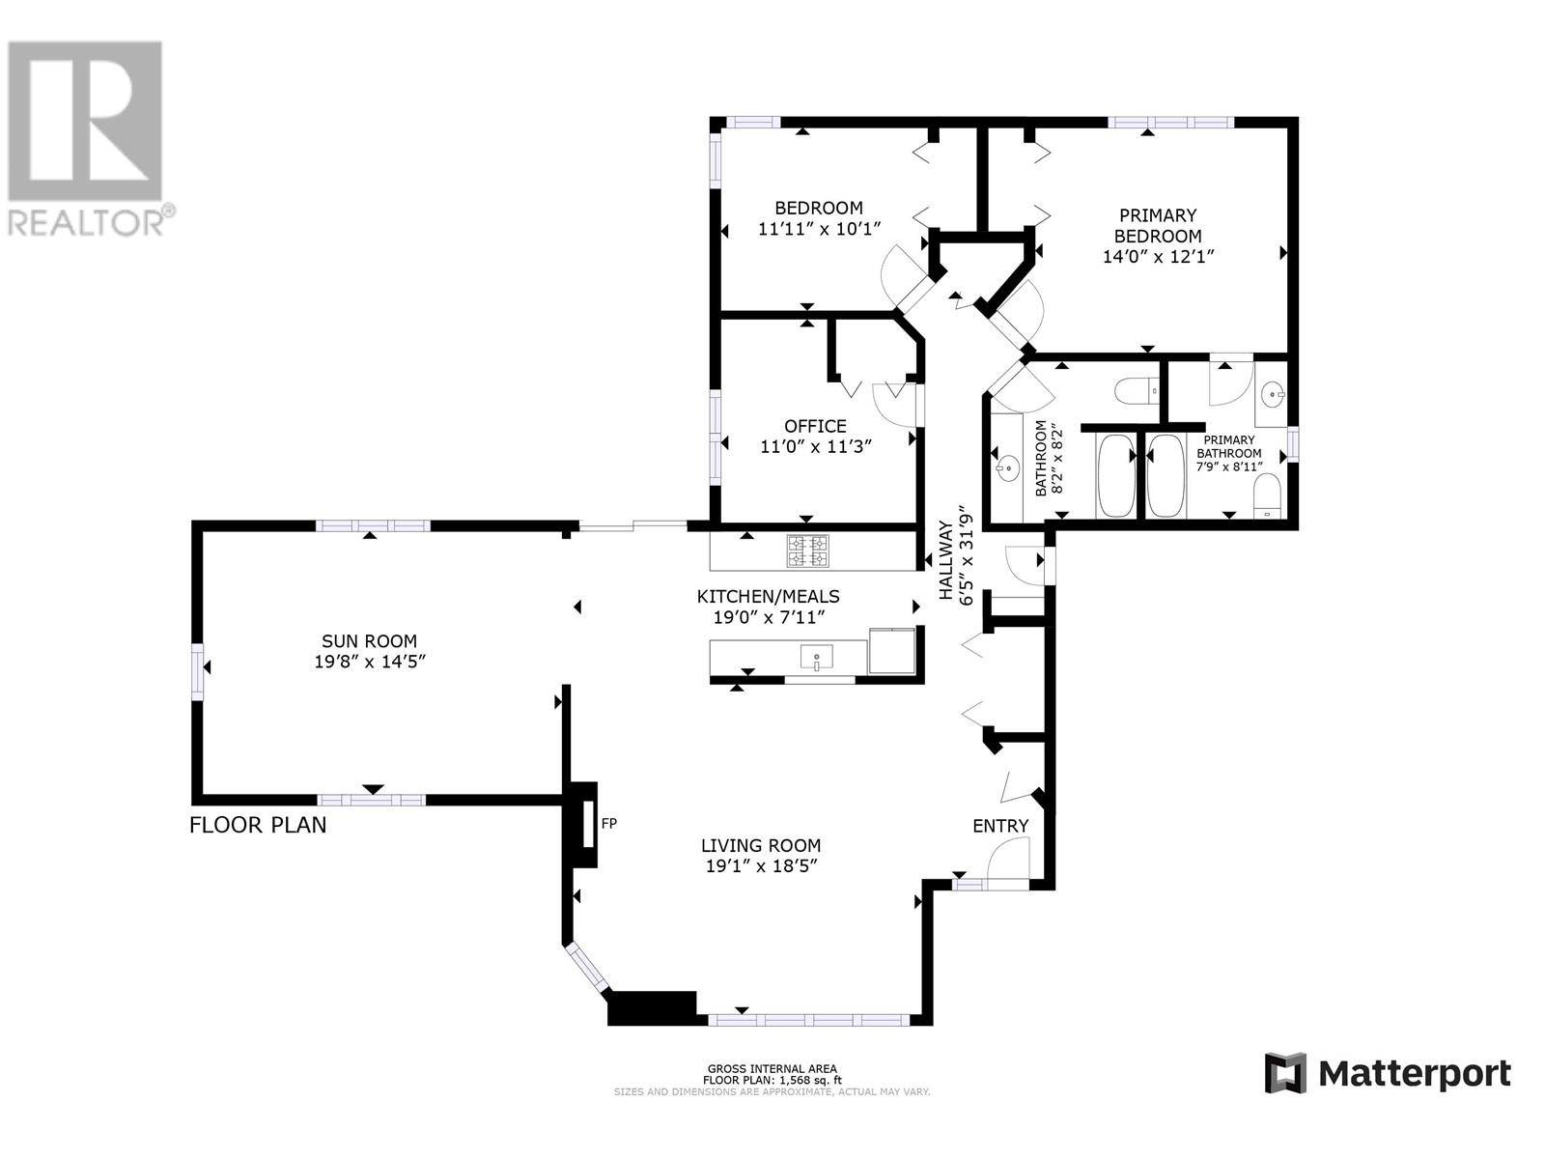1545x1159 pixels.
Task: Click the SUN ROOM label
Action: click(369, 641)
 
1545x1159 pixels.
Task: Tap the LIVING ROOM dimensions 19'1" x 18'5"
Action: click(761, 866)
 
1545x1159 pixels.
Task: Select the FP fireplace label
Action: click(608, 824)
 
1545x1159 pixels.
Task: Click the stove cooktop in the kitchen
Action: click(807, 551)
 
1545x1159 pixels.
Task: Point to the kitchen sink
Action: click(816, 660)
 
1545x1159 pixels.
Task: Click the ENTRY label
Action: click(999, 826)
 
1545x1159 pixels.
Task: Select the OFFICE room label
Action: click(815, 426)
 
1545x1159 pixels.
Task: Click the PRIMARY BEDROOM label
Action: click(1157, 225)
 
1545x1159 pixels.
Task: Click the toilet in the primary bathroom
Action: click(1266, 495)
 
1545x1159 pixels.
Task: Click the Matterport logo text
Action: click(1414, 1073)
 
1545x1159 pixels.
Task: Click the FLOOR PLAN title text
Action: click(258, 825)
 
